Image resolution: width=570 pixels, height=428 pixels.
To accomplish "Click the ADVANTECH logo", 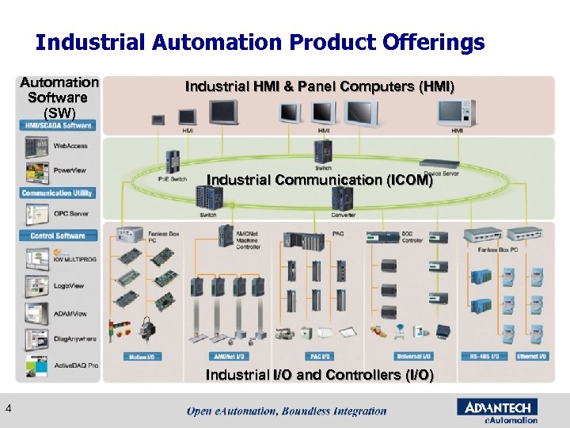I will pyautogui.click(x=497, y=407).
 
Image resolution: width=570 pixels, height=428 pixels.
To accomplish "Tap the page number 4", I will pyautogui.click(x=8, y=408).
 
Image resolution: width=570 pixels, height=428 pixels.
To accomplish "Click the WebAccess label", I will pyautogui.click(x=70, y=146).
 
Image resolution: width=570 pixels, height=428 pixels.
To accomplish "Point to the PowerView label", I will pyautogui.click(x=70, y=170).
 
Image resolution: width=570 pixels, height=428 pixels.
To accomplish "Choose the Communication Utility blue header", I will pyautogui.click(x=57, y=193).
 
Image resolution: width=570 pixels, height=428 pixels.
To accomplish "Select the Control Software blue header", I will pyautogui.click(x=58, y=235).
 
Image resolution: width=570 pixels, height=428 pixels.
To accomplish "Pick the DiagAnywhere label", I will pyautogui.click(x=75, y=338).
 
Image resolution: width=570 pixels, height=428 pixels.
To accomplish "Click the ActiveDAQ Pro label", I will pyautogui.click(x=76, y=365).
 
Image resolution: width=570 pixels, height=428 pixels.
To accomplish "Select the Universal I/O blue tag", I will pyautogui.click(x=412, y=357).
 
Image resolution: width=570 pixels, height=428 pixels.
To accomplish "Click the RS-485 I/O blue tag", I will pyautogui.click(x=484, y=357).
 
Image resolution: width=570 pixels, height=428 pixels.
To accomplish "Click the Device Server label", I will pyautogui.click(x=441, y=172).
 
